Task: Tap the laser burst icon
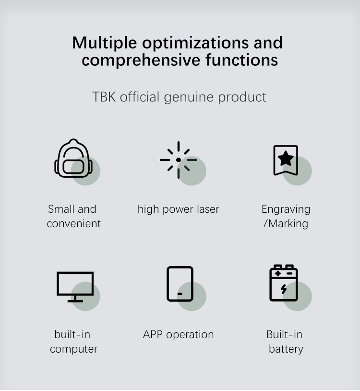[x=179, y=160]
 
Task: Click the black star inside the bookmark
[x=286, y=159]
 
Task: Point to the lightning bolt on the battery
[x=284, y=289]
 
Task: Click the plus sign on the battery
[x=278, y=273]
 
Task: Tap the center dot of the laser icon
[x=179, y=160]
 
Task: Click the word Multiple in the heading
[x=104, y=43]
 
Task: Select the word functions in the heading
[x=241, y=60]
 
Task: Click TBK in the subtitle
[x=104, y=97]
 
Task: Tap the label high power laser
[x=179, y=209]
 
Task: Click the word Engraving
[x=286, y=210]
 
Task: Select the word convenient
[x=74, y=224]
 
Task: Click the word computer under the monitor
[x=74, y=349]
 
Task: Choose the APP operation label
[x=179, y=335]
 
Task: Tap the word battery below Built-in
[x=286, y=349]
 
